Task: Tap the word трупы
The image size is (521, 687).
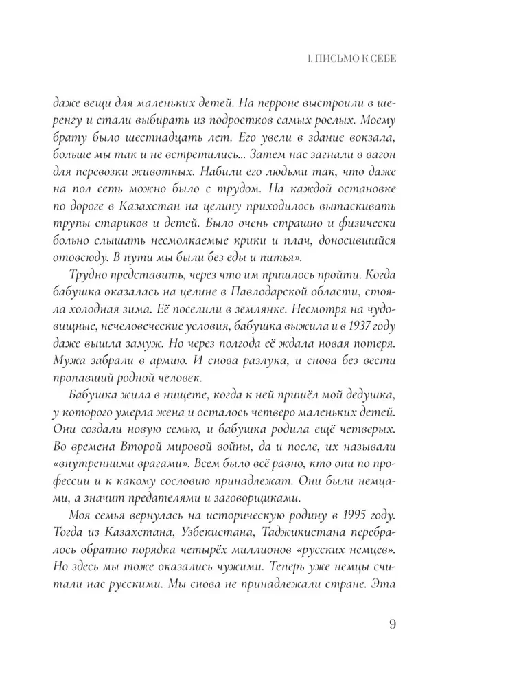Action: tap(67, 223)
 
